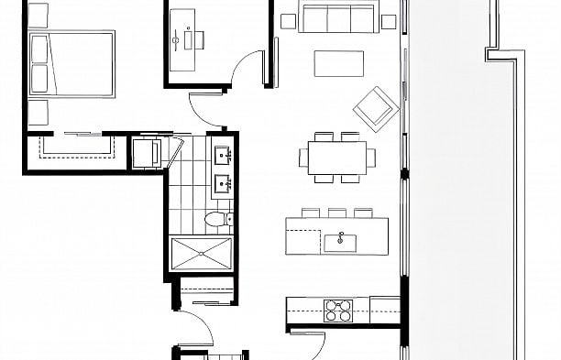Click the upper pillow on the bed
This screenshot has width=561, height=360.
coord(39,50)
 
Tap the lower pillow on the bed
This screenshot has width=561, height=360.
coord(39,77)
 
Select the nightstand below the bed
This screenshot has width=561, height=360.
coord(38,112)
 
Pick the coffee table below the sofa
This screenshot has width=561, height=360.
coord(339,62)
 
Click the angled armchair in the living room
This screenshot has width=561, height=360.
coord(375,107)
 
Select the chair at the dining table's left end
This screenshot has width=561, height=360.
coord(302,157)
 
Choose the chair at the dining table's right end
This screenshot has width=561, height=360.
coord(372,157)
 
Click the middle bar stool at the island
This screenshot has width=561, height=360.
coord(337,213)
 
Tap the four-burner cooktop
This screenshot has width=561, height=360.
coord(339,311)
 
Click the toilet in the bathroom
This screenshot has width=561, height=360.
coord(214,220)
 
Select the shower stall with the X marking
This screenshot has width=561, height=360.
coord(201,252)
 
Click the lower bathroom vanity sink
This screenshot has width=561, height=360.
coord(223,185)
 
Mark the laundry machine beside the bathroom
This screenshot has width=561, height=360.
coord(147,153)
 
